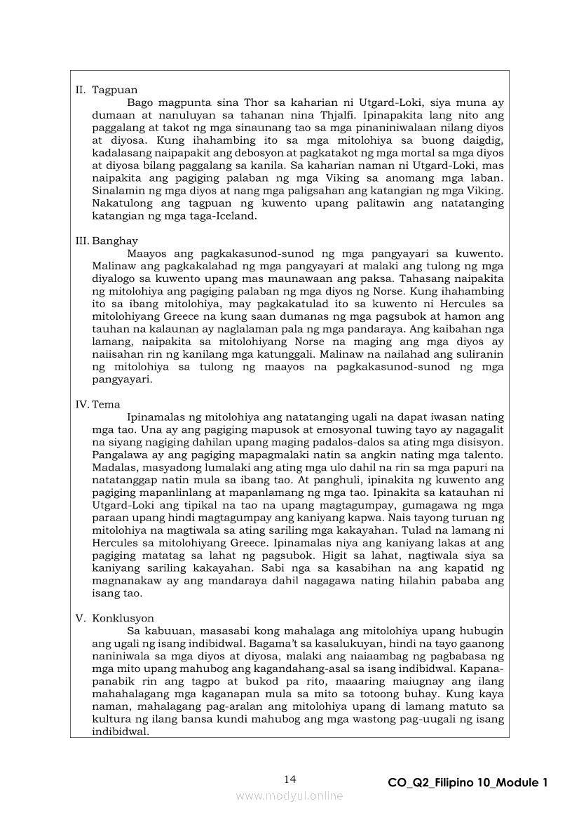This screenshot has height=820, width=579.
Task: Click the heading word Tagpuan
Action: pyautogui.click(x=114, y=90)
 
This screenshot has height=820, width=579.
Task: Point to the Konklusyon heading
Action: pyautogui.click(x=123, y=618)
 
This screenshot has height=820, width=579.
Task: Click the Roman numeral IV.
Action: pyautogui.click(x=81, y=404)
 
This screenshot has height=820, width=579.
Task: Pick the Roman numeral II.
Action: pyautogui.click(x=81, y=90)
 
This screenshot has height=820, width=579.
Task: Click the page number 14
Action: pyautogui.click(x=290, y=779)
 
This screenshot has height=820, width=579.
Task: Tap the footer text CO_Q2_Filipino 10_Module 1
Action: pyautogui.click(x=467, y=783)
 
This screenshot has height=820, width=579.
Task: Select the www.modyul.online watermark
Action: pyautogui.click(x=289, y=795)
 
